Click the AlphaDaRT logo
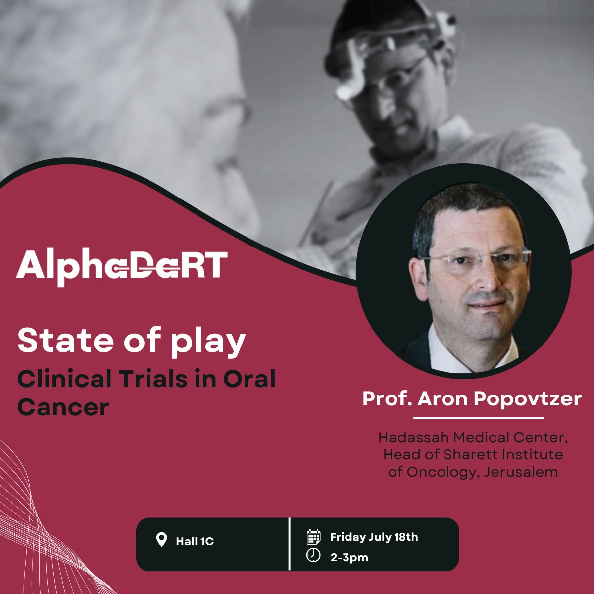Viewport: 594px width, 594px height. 122,268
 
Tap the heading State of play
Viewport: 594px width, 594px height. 132,340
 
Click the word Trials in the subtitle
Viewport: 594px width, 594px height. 153,380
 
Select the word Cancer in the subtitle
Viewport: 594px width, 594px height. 63,407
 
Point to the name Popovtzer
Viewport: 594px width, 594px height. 528,398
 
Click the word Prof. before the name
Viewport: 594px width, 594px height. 387,398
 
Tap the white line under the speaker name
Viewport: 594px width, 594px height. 478,418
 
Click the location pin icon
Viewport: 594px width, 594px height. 161,540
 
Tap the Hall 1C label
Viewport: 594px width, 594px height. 195,541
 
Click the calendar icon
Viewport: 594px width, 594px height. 313,537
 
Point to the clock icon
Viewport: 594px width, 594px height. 313,556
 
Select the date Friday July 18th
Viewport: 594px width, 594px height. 374,537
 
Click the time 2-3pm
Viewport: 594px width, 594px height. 349,557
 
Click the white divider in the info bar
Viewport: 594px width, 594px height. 289,544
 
